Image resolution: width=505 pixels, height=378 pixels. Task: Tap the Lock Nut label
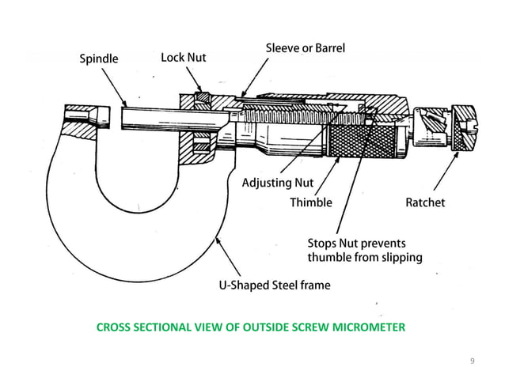tap(183, 58)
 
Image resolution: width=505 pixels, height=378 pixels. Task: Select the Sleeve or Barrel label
tap(304, 48)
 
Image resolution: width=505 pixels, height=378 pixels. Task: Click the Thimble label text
tap(310, 202)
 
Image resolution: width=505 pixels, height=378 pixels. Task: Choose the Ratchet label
tap(425, 202)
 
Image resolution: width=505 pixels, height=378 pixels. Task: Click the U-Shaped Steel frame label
tap(274, 285)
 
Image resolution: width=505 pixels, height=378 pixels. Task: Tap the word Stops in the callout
tap(323, 242)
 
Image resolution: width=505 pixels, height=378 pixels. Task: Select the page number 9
tap(473, 361)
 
